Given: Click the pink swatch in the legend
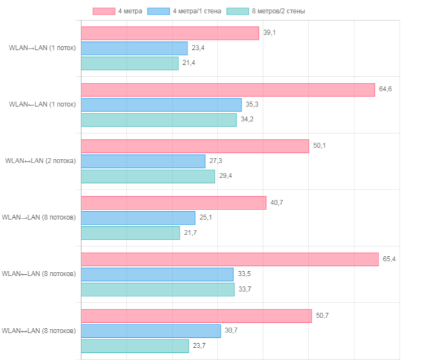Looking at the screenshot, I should (103, 11).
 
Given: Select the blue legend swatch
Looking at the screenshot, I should (158, 11).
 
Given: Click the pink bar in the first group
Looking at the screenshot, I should (171, 33).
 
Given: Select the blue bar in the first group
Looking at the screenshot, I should (135, 48).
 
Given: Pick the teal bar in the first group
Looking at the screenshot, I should (130, 64).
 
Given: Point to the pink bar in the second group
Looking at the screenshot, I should (228, 89).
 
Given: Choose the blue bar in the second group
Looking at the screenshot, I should (162, 104).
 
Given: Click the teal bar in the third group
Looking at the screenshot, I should (148, 176).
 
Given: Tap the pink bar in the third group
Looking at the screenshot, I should (195, 146).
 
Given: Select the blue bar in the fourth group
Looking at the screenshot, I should (139, 218).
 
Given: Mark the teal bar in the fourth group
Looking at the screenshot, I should (131, 233).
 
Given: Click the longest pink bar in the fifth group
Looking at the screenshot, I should (230, 259).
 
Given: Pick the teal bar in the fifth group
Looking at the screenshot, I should (159, 290).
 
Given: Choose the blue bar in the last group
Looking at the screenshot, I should (151, 331).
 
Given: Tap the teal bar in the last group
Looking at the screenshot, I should (136, 346).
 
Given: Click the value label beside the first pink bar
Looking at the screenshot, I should (270, 33).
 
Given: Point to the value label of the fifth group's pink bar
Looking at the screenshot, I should (389, 259).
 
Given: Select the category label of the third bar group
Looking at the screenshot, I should (41, 161).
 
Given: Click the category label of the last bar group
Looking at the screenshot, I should (39, 331).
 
